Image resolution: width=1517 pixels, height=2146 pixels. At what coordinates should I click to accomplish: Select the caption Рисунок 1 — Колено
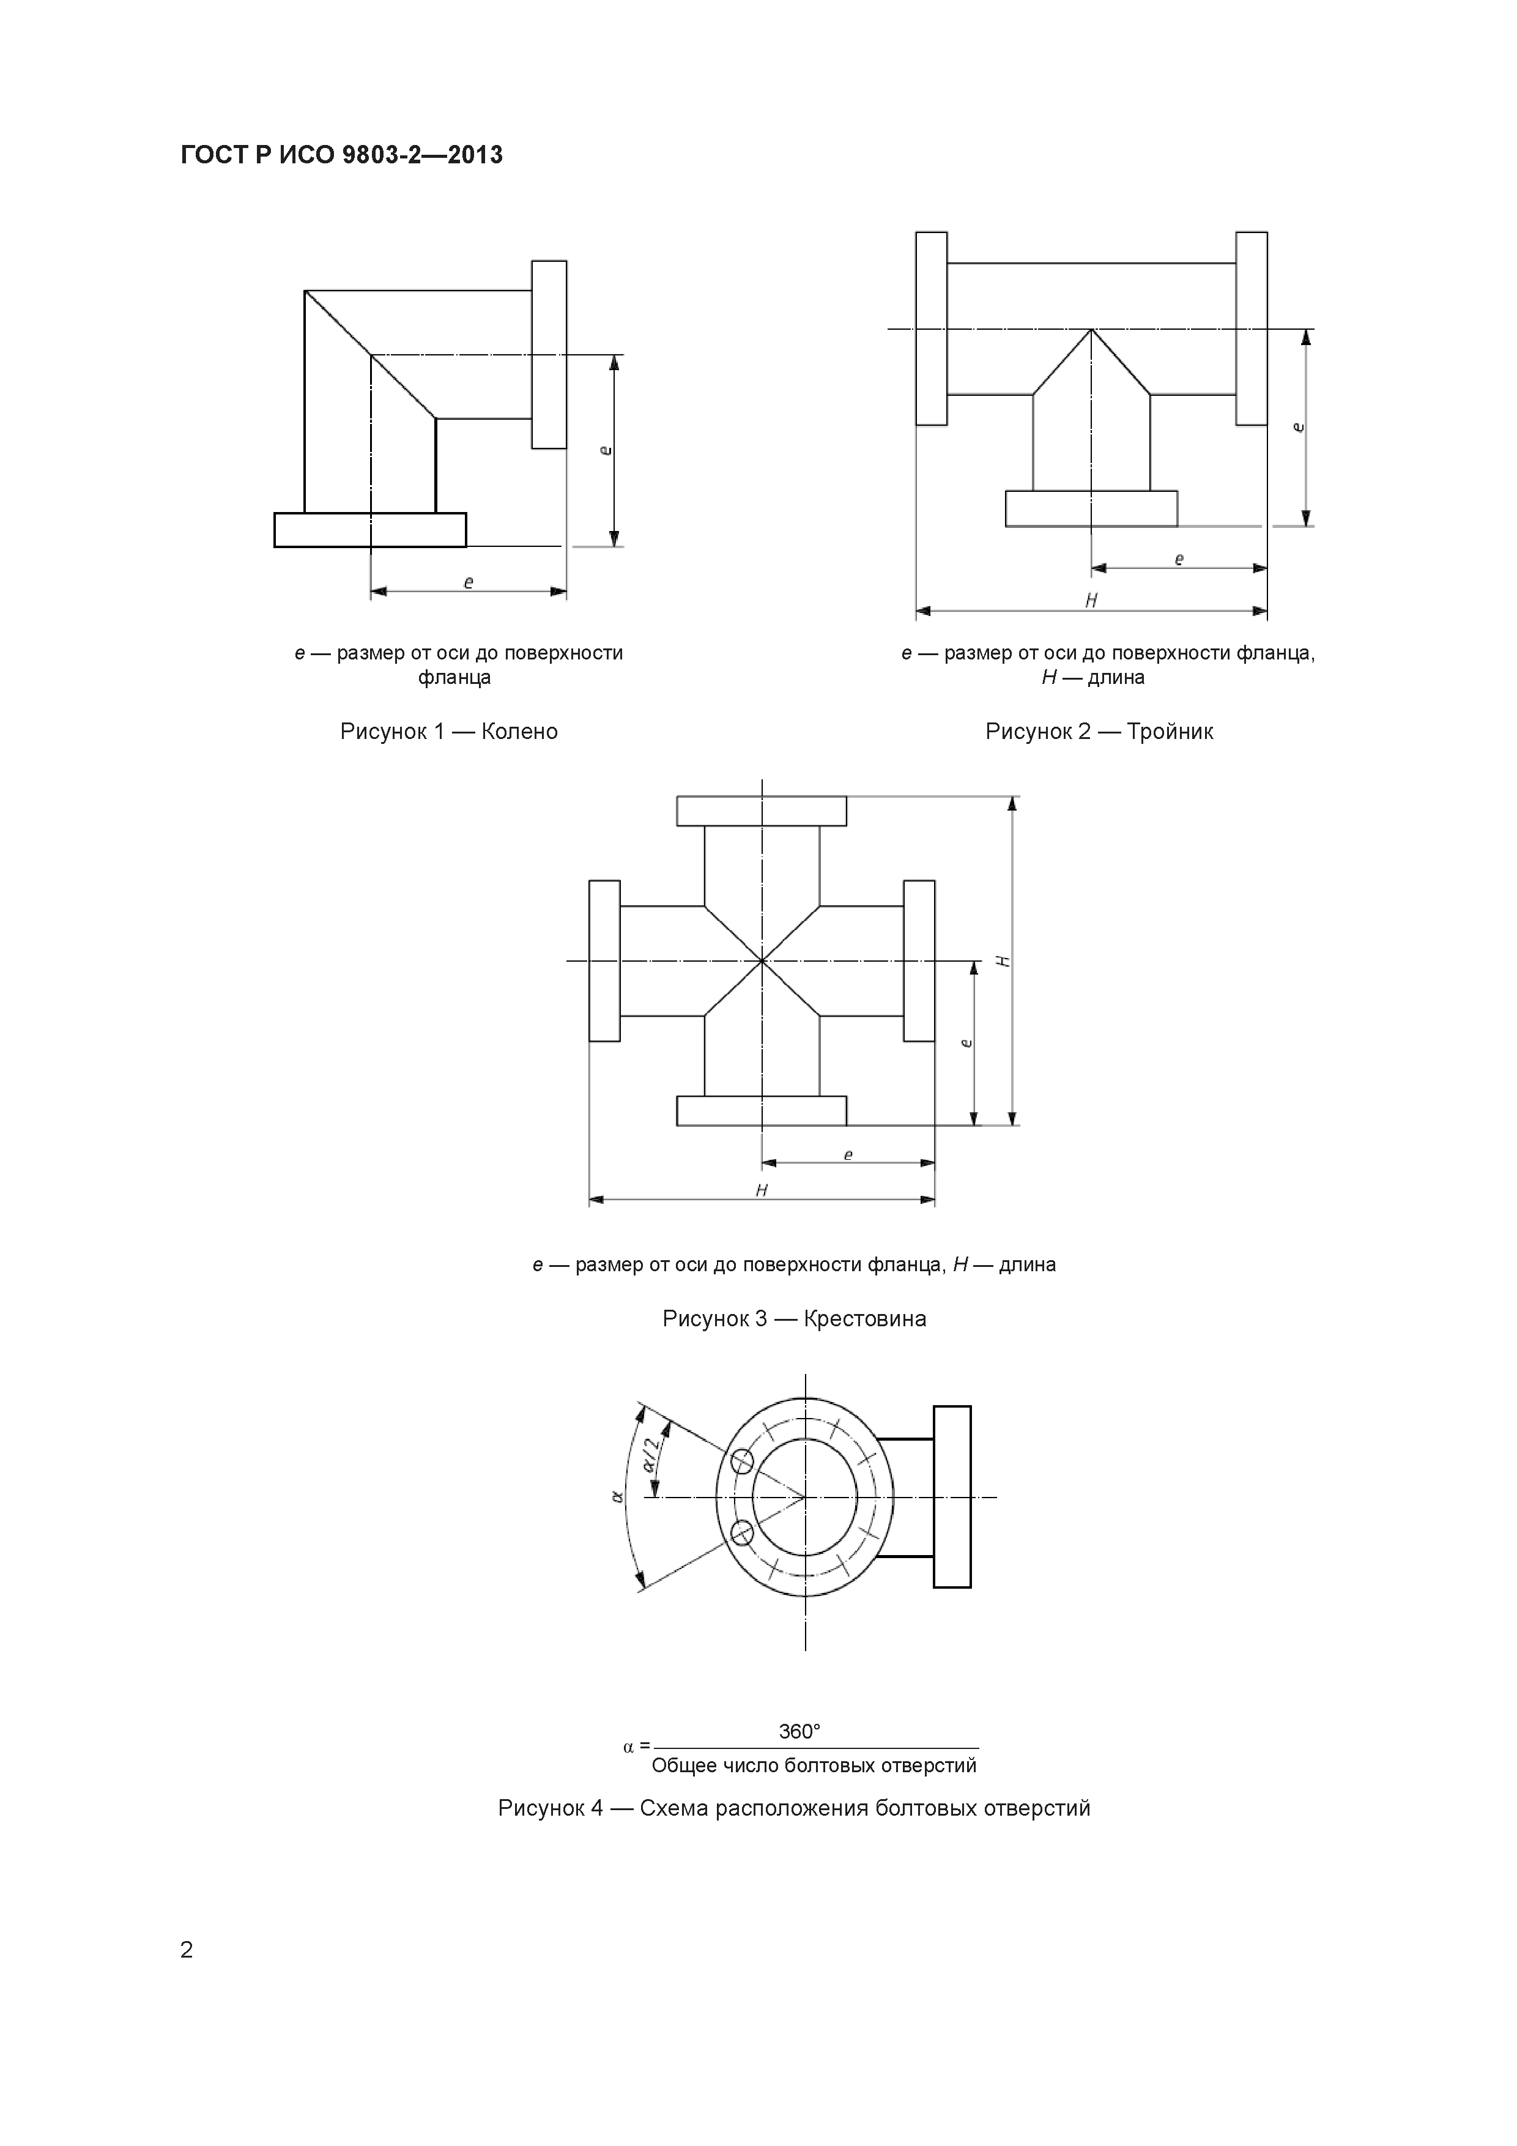(x=448, y=731)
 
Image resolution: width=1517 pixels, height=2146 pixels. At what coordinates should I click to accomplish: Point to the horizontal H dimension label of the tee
(x=1091, y=601)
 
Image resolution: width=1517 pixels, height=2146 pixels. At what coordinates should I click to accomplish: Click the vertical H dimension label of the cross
(x=1003, y=961)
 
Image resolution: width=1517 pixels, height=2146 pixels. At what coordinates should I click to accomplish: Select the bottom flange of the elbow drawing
(x=370, y=529)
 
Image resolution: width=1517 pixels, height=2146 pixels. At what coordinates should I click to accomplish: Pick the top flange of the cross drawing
(x=761, y=811)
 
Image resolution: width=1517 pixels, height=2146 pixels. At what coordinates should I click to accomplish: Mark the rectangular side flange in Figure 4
(x=952, y=1496)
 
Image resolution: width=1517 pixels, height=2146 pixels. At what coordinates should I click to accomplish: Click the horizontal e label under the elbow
(x=469, y=582)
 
